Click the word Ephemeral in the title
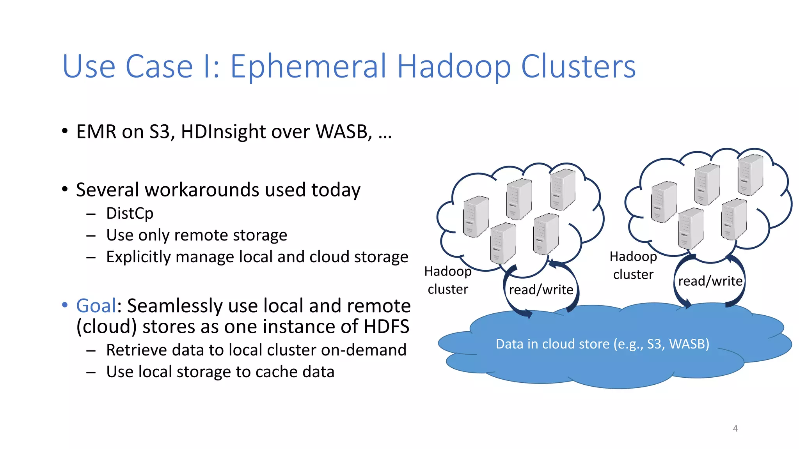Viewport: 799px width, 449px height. (x=308, y=67)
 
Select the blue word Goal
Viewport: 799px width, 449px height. (x=96, y=306)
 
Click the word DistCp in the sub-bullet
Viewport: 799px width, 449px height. (x=130, y=214)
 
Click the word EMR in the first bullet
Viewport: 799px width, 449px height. (x=96, y=132)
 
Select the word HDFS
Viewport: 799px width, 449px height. (x=386, y=327)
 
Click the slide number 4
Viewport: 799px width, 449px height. (x=735, y=429)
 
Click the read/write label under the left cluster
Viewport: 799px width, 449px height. (x=541, y=290)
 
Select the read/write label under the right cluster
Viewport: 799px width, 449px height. (x=710, y=281)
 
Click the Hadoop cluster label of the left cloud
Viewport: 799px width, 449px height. (x=448, y=280)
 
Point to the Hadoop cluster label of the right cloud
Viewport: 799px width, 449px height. (x=633, y=265)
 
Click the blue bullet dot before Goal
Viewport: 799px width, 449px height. (x=65, y=305)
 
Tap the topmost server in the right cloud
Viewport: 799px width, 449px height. (x=750, y=174)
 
